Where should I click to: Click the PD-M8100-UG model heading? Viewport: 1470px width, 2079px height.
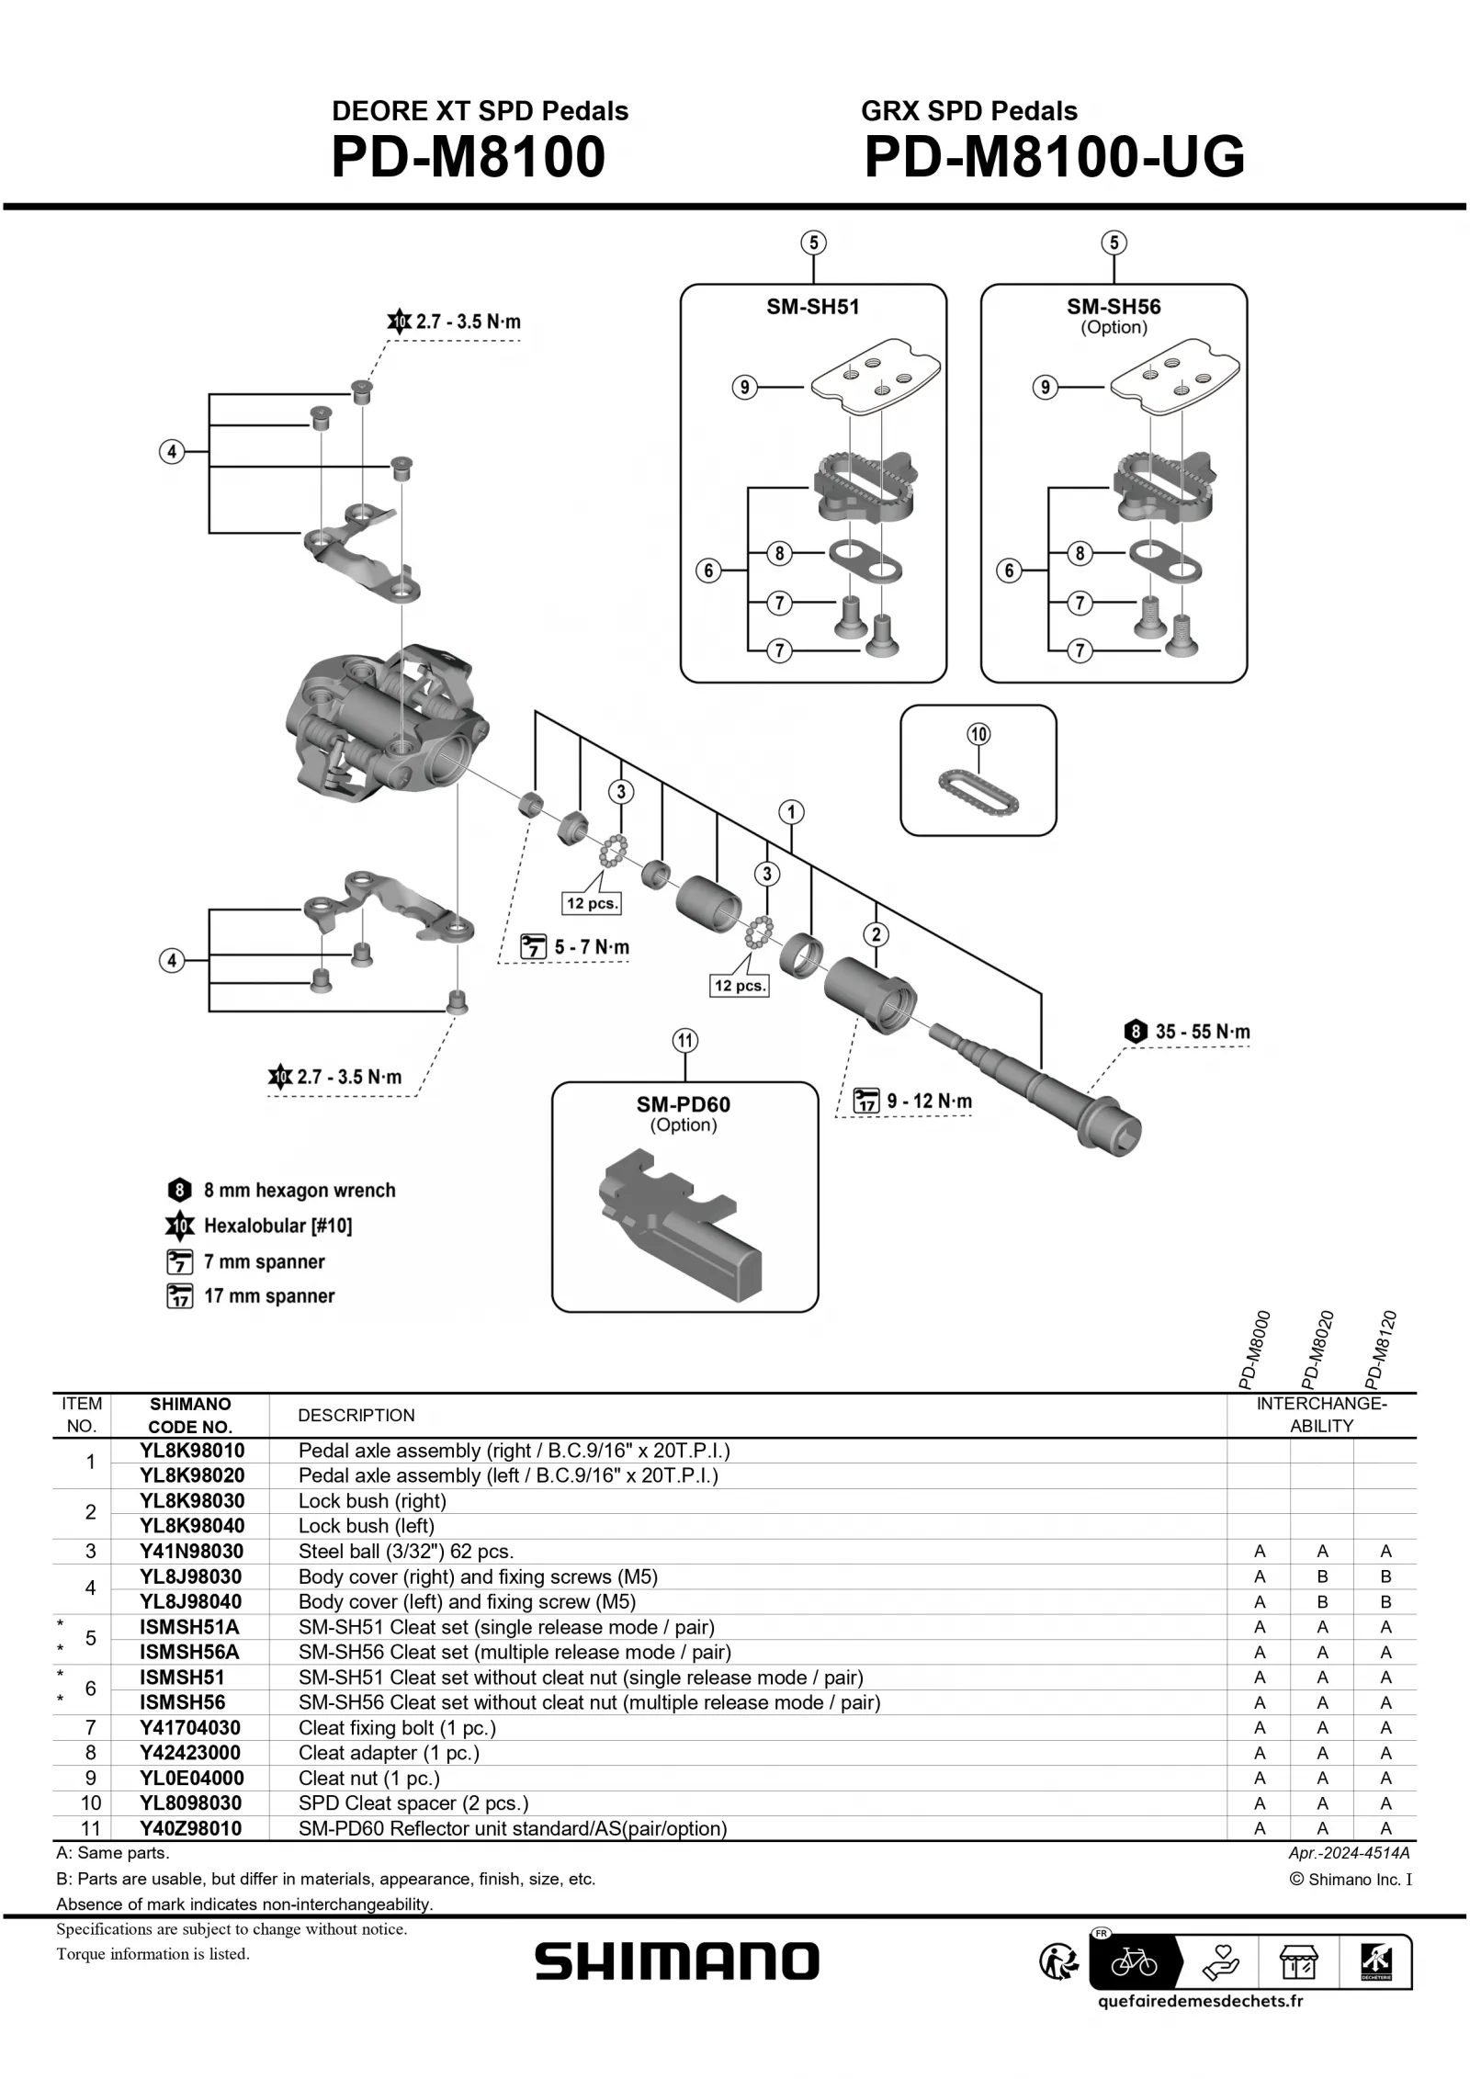click(x=1054, y=157)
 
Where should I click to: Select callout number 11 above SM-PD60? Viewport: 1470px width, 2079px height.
click(x=685, y=1041)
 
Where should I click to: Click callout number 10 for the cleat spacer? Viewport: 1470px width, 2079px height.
click(x=978, y=734)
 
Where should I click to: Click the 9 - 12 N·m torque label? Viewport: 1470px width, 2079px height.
click(x=928, y=1101)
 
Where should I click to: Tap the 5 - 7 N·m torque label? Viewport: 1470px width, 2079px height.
click(x=593, y=947)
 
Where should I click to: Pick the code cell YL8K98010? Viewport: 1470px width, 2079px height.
click(x=191, y=1451)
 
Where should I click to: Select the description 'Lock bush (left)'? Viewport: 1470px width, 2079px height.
click(x=366, y=1526)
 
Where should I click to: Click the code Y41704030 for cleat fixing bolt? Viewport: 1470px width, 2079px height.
click(x=190, y=1728)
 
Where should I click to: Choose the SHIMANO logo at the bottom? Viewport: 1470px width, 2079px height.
click(x=677, y=1961)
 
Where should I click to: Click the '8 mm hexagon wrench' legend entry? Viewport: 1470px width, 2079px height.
click(x=299, y=1191)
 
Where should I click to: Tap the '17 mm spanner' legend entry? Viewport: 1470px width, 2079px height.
click(x=268, y=1296)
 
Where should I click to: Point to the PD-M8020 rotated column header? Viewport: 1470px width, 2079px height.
click(x=1317, y=1350)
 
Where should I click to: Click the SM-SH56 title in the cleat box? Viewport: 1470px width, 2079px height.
click(x=1114, y=307)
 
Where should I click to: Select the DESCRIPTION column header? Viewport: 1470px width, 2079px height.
click(x=356, y=1416)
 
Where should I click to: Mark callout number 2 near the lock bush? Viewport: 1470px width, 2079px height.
click(x=876, y=934)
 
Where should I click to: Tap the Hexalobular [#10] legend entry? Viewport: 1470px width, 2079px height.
click(x=277, y=1226)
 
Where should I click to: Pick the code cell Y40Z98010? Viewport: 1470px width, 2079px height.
click(x=190, y=1829)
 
